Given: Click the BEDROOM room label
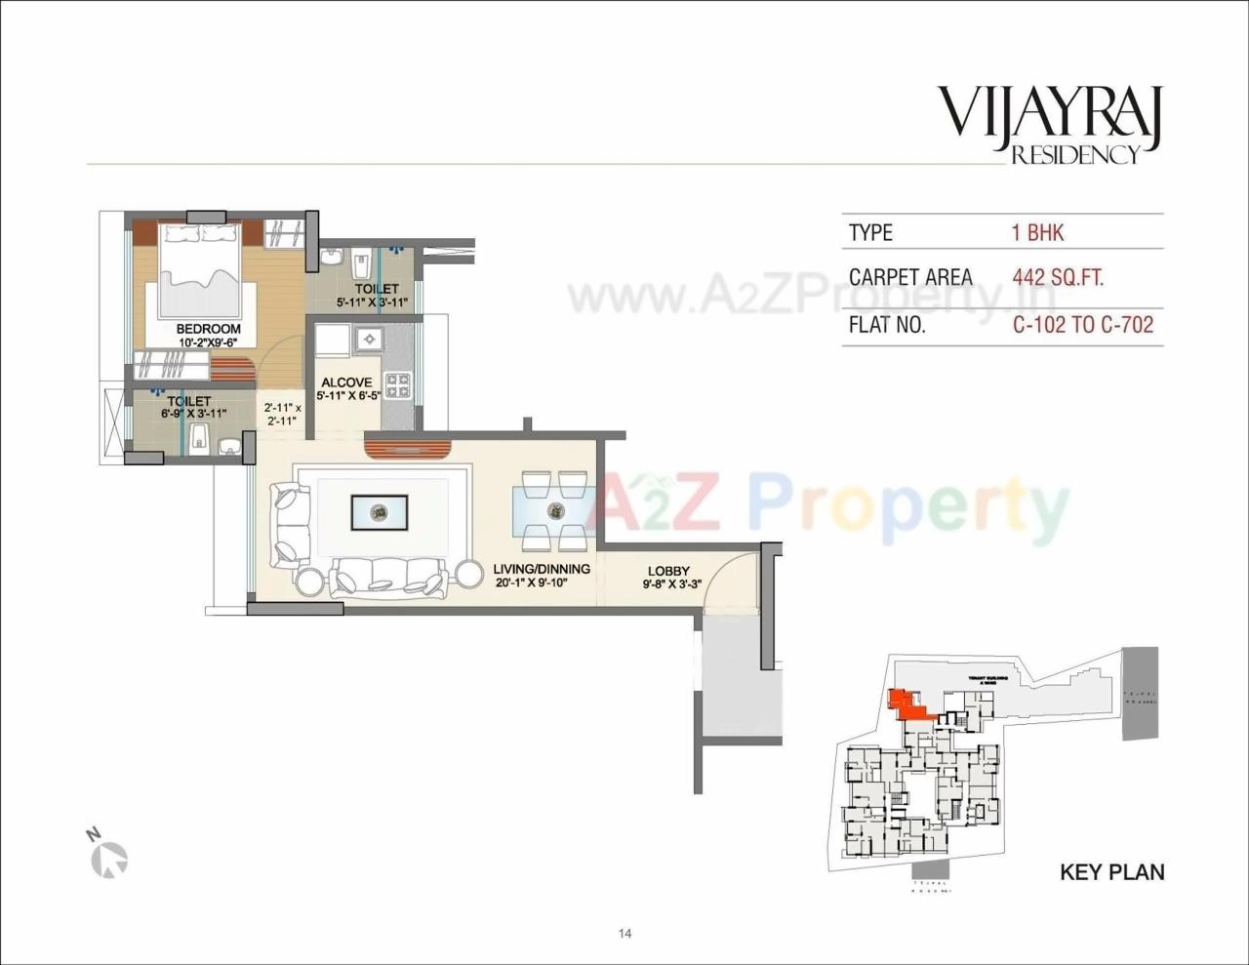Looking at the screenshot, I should (208, 329).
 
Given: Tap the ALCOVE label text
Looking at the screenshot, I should (346, 382).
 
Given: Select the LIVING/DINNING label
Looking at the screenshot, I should (542, 569).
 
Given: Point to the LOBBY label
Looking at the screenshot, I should (668, 572).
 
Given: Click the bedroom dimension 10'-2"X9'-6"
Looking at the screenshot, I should (208, 342).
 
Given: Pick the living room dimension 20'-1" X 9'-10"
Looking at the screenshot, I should (531, 583).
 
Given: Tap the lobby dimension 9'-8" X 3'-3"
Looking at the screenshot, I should (672, 585).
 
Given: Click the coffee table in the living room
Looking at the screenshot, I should (379, 511).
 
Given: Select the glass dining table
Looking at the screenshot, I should (553, 509).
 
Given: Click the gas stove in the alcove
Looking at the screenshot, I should (397, 385).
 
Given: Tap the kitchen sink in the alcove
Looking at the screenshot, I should (370, 339).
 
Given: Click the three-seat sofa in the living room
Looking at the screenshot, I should (386, 577).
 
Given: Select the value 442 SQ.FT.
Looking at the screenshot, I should (1058, 278).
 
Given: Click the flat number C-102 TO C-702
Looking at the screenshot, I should (1083, 325).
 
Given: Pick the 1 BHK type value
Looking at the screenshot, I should (1037, 233).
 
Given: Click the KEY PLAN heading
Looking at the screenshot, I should (1112, 872).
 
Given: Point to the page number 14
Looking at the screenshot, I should (624, 934).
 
